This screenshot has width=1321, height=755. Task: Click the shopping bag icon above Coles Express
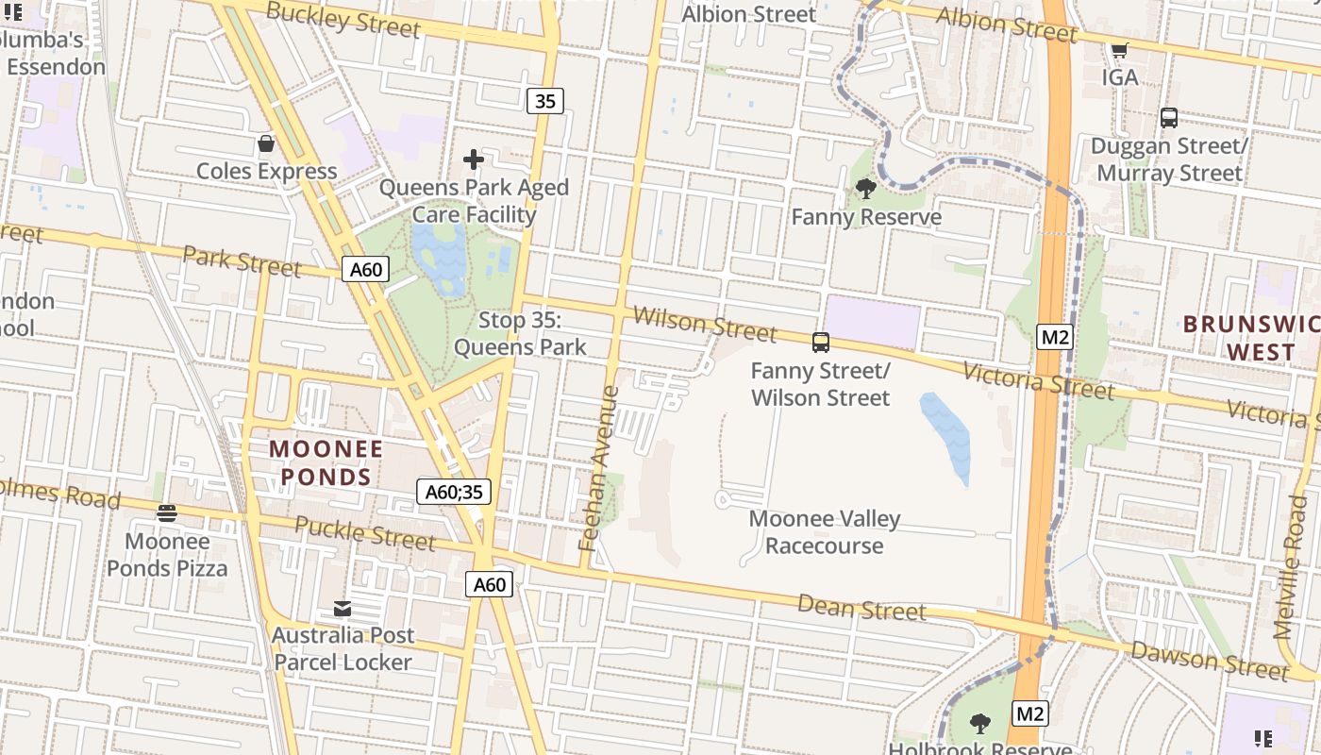coord(266,143)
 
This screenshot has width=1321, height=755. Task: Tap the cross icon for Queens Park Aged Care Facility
coord(474,159)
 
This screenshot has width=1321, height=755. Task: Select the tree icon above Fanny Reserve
coord(865,189)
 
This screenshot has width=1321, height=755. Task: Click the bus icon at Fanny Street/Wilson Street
coord(821,343)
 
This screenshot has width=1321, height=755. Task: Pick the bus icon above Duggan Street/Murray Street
coord(1169,118)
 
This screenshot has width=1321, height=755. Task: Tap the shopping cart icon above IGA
coord(1120,50)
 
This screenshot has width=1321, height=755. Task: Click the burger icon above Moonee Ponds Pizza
coord(167,513)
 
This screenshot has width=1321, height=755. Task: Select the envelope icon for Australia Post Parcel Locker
coord(342,609)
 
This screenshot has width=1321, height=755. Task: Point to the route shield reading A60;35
coord(454,492)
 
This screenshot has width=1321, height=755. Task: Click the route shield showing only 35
coord(544,100)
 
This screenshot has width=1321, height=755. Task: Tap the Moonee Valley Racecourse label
coord(824,532)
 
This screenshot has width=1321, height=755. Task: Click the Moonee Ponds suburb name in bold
coord(326,462)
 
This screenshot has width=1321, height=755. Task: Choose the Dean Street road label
coord(861,607)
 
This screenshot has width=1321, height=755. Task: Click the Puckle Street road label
coord(365,533)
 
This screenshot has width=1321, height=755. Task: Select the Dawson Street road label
coord(1209,660)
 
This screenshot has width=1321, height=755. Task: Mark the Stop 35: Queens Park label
coord(520,333)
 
